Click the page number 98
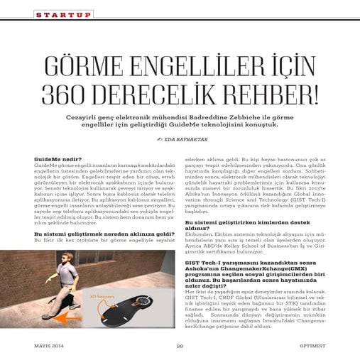(180, 346)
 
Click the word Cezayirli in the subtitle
(107, 116)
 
